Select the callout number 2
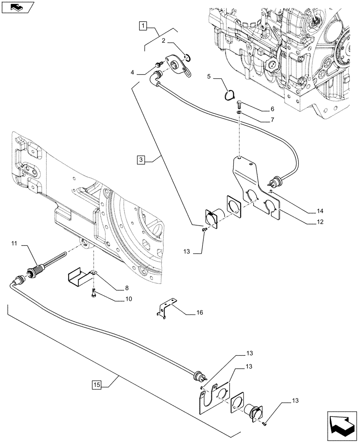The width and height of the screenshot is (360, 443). (164, 41)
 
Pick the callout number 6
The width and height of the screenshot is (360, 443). (259, 109)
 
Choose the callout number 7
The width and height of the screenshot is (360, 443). (259, 120)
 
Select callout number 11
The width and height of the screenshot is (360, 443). (15, 243)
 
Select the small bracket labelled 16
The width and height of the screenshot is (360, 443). (165, 310)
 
